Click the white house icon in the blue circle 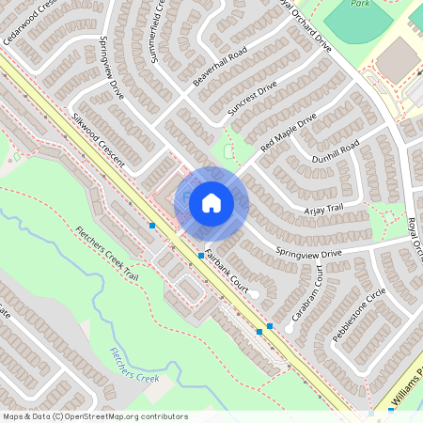[211, 202]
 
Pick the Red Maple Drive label [290, 132]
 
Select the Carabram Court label [307, 292]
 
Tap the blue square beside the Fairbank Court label [201, 255]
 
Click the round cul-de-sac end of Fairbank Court [254, 296]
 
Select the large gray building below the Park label [399, 59]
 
